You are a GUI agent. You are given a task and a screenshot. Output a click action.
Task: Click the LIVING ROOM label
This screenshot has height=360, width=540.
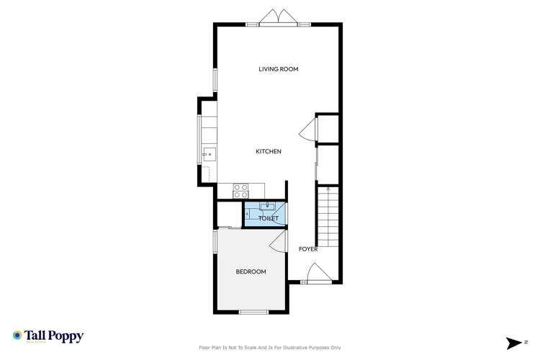[278, 69]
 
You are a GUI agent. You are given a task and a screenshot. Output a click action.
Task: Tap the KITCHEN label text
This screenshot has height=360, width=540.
[269, 151]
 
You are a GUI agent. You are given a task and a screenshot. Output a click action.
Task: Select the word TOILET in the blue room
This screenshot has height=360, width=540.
[268, 218]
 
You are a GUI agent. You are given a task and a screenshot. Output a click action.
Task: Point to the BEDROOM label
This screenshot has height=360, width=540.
[251, 271]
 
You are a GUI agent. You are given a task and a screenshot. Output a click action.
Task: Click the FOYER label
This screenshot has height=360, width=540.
[308, 249]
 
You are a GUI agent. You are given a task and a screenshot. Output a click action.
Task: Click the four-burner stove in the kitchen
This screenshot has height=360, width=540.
[240, 192]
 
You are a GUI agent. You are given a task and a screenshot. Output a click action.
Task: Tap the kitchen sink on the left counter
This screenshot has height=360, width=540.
[208, 153]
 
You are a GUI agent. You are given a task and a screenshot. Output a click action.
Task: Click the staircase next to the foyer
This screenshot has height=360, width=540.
[328, 216]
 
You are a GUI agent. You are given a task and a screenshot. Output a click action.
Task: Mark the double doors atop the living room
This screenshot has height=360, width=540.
[278, 18]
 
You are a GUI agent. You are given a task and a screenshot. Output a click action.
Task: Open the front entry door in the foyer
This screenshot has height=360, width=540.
[316, 274]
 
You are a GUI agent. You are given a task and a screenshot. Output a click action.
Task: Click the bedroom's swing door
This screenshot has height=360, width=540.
[277, 243]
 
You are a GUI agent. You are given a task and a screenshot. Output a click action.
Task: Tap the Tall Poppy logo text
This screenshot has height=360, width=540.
[55, 336]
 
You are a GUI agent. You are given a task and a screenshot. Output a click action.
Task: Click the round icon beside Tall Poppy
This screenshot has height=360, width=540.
[17, 336]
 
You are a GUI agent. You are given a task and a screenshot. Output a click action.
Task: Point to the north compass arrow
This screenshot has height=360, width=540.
[514, 343]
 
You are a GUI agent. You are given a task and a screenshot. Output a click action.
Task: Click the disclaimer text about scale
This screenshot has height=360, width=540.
[270, 348]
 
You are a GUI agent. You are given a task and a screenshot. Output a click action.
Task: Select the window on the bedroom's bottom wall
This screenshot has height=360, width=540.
[253, 312]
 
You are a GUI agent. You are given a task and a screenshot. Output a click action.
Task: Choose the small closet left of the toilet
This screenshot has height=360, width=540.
[229, 215]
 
